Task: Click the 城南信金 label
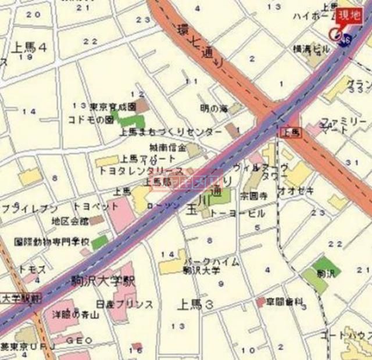pos(167,147)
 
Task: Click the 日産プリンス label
pos(125,304)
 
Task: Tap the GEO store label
pos(79,340)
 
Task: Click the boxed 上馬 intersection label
pos(291,133)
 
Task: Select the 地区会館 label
pos(70,221)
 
